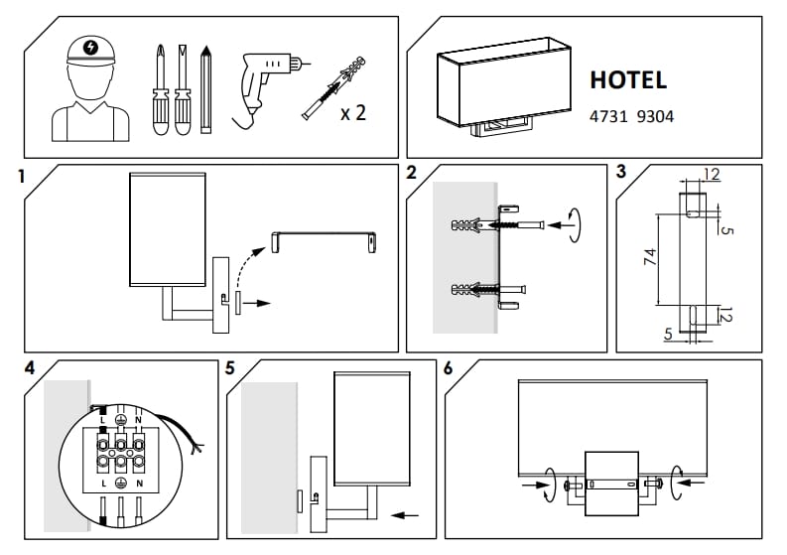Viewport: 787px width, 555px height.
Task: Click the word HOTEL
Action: coord(628,80)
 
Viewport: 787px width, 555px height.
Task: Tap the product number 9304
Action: coord(655,116)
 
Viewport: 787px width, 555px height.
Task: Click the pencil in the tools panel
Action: coord(205,88)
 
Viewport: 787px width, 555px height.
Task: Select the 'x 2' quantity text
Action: coord(353,112)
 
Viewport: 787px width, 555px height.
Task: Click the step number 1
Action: coord(21,179)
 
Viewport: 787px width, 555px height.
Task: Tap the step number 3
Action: coord(621,171)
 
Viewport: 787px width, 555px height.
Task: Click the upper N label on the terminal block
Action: coord(137,418)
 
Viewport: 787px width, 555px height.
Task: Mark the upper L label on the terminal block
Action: coord(103,418)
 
